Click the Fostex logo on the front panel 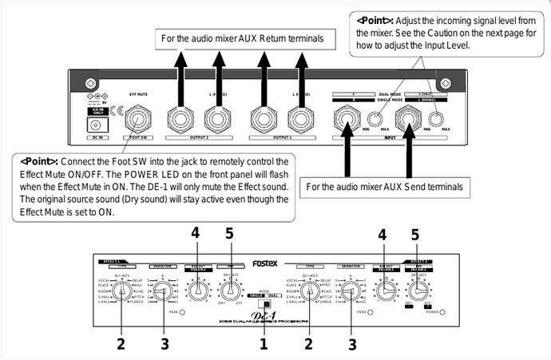266,261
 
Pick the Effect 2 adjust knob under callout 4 386,292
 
